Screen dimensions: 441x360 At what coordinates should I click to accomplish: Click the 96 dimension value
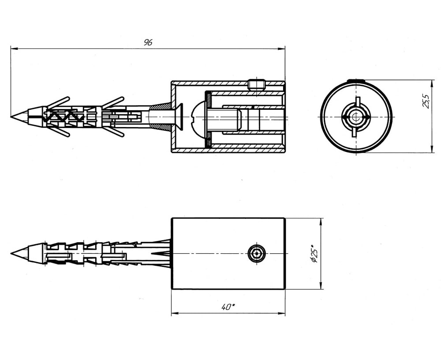coord(148,42)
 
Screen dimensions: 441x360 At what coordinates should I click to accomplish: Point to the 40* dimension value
coord(228,307)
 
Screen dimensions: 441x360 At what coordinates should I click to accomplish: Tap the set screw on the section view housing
coord(257,85)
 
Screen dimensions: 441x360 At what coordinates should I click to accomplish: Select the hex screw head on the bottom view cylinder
coord(257,254)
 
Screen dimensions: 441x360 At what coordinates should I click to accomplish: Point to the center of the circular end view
coord(356,116)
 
